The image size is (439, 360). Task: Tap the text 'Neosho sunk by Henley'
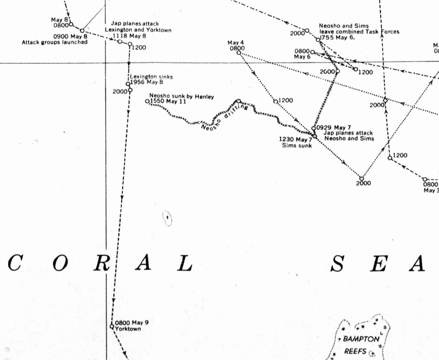tap(182, 96)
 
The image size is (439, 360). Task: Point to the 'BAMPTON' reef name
tap(361, 339)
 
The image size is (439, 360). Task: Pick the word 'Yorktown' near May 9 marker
tap(128, 329)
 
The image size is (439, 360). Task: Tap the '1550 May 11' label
tap(168, 102)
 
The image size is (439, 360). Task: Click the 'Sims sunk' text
tap(297, 145)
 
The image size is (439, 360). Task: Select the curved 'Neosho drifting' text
tap(223, 117)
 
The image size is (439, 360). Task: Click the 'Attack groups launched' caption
tap(55, 42)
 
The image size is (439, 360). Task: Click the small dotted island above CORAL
tap(168, 217)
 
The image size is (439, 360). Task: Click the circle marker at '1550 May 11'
tap(147, 101)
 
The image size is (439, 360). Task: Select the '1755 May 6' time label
tap(334, 38)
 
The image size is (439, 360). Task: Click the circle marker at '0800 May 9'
tap(112, 326)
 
